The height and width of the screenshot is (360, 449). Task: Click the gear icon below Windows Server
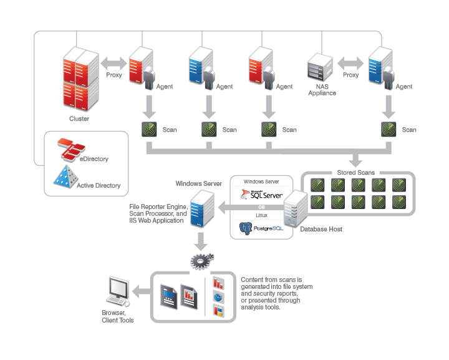tap(201, 261)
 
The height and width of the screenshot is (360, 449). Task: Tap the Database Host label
tap(321, 229)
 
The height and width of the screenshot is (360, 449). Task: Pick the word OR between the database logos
tap(261, 207)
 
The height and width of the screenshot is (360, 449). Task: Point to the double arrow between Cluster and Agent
tap(113, 63)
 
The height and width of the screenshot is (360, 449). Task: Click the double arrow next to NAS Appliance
tap(350, 63)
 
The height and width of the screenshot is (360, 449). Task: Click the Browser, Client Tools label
tap(118, 316)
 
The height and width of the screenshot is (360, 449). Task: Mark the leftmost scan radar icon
tap(149, 129)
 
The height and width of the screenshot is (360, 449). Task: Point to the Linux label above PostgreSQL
tap(261, 215)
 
